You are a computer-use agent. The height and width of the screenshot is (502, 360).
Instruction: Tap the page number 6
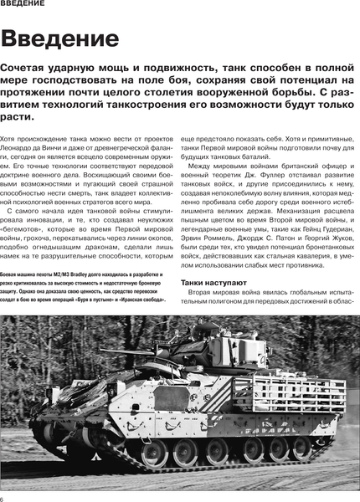coord(3,497)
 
